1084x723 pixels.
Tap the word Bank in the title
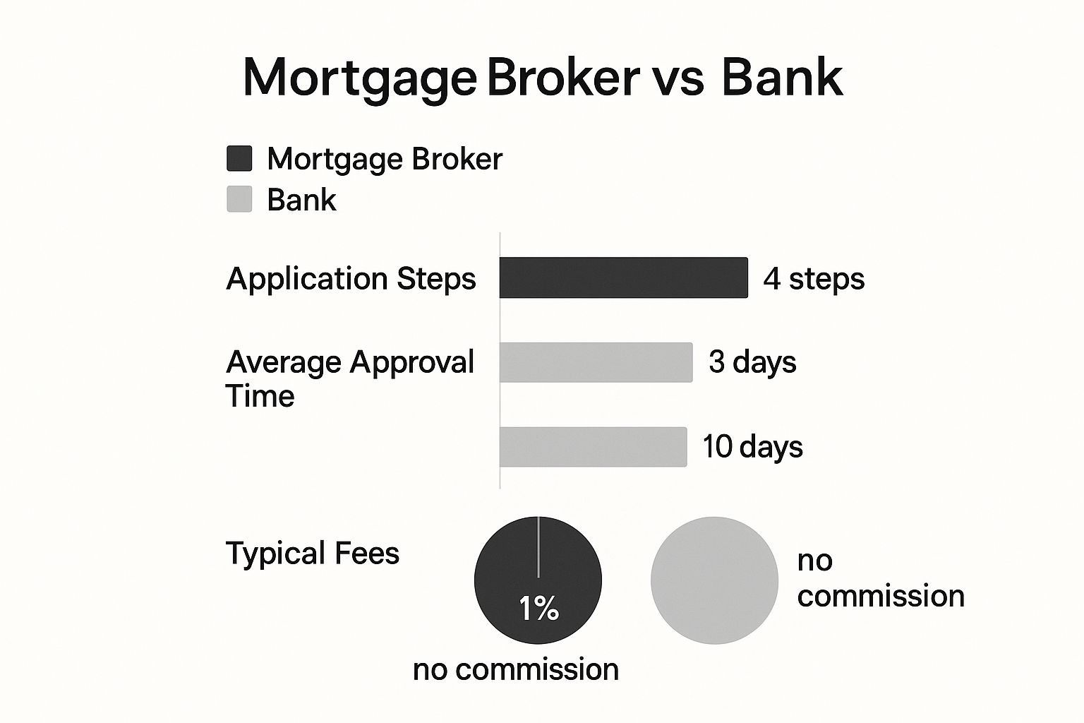(x=783, y=78)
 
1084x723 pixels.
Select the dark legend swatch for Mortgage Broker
(x=239, y=158)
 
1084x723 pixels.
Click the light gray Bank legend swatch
(x=239, y=199)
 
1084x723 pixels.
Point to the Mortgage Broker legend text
(x=385, y=159)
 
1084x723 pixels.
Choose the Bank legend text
(x=301, y=200)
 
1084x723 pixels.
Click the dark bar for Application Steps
(x=623, y=277)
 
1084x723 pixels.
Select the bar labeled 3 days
(x=596, y=362)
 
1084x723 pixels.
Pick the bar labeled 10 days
(x=593, y=446)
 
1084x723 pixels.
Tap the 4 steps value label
(x=814, y=280)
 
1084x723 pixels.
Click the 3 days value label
(x=752, y=363)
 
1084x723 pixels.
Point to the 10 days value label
(x=752, y=447)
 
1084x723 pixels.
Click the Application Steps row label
(x=351, y=280)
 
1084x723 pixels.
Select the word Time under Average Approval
(x=260, y=396)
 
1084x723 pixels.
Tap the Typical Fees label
(x=313, y=554)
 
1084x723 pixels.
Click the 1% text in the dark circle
(x=539, y=608)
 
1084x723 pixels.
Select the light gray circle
(x=714, y=580)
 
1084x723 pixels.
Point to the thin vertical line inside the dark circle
(x=538, y=547)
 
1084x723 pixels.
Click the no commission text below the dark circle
(x=516, y=670)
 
